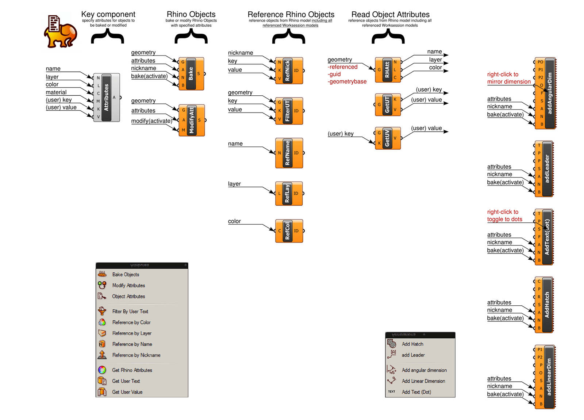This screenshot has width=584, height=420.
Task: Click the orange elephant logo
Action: click(x=60, y=32)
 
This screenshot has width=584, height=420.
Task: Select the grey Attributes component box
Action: click(x=107, y=97)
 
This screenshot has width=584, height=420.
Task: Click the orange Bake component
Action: click(x=191, y=74)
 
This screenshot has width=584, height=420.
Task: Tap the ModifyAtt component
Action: click(x=192, y=120)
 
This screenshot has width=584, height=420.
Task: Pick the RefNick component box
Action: click(x=289, y=70)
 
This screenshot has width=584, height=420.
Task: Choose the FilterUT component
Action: click(x=289, y=111)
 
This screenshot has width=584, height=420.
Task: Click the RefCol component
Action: click(x=289, y=231)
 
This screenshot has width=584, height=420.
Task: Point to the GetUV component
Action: click(x=388, y=138)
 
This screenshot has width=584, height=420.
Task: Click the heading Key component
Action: click(x=108, y=14)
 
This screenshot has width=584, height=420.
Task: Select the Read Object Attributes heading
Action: click(x=390, y=14)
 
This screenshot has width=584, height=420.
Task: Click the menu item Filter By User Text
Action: click(x=130, y=312)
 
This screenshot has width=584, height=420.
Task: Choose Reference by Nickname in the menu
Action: click(x=136, y=355)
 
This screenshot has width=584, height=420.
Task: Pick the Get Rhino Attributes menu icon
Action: click(x=102, y=370)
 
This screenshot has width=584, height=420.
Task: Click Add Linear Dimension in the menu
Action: click(x=423, y=381)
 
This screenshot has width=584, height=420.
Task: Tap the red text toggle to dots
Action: click(x=504, y=219)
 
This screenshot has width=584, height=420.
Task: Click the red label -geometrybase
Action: click(x=347, y=81)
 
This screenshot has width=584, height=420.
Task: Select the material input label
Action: click(x=56, y=92)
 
